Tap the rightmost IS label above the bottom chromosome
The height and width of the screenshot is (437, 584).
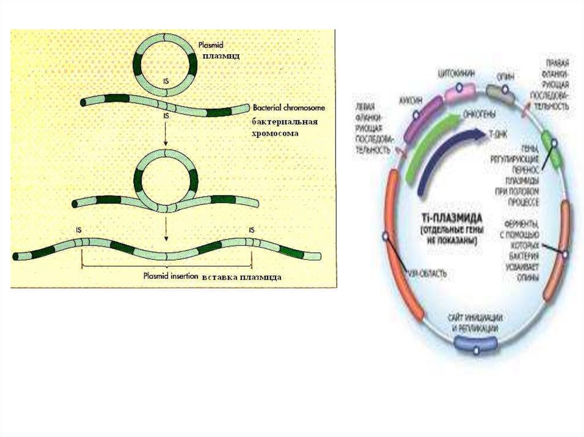[251, 230]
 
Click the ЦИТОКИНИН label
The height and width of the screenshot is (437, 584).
[456, 73]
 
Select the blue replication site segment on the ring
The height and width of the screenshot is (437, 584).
[475, 344]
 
